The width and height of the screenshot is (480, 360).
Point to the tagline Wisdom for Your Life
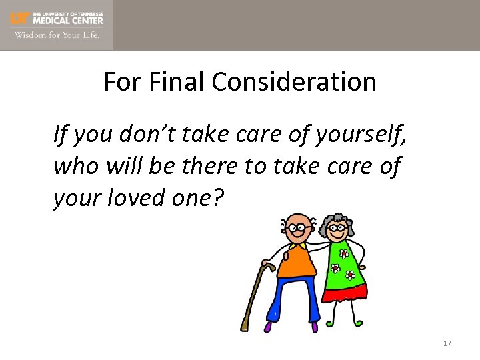pyautogui.click(x=57, y=35)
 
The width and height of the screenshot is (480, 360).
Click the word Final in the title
pyautogui.click(x=178, y=82)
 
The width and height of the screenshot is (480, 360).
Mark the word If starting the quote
pyautogui.click(x=60, y=136)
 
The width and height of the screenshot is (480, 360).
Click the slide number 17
pyautogui.click(x=447, y=343)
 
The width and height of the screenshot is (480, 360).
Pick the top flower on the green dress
pyautogui.click(x=344, y=254)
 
